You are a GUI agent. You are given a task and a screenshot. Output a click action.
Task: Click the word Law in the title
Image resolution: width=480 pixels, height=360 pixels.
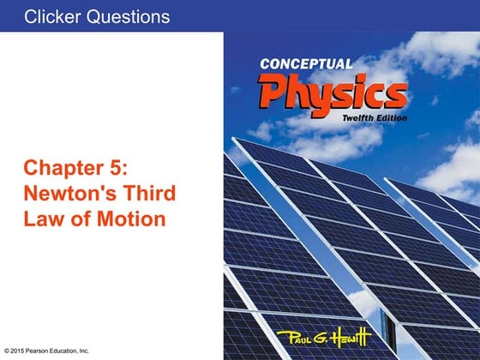pos(44,219)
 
